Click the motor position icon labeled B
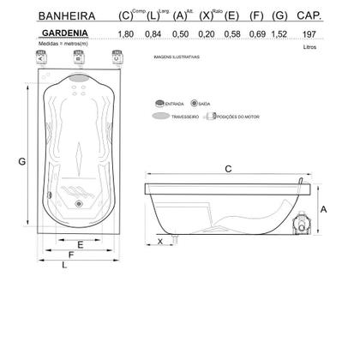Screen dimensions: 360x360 point(79,57)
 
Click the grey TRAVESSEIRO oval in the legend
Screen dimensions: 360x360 point(160,116)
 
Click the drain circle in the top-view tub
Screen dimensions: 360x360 point(79,204)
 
